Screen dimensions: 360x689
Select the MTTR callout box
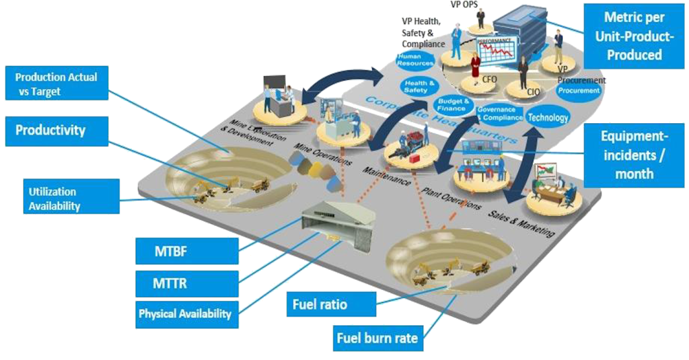tap(186, 283)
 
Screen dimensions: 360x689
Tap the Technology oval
tap(548, 117)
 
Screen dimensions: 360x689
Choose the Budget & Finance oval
tap(451, 104)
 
